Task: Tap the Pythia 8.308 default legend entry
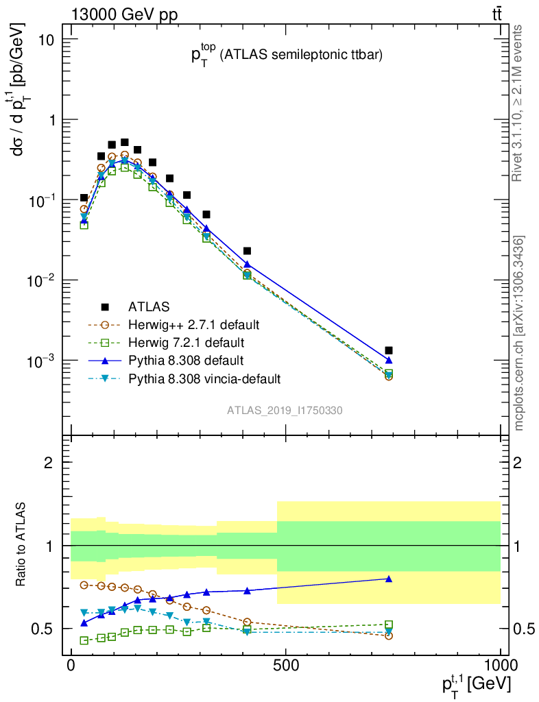click(185, 360)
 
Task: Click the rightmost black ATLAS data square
click(389, 350)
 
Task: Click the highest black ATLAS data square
click(125, 143)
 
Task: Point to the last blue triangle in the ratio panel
click(389, 579)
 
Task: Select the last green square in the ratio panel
click(389, 625)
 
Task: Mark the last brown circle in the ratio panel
click(389, 636)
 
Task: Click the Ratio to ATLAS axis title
click(22, 544)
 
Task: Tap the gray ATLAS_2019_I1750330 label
click(285, 411)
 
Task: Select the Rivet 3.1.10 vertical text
click(518, 103)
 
